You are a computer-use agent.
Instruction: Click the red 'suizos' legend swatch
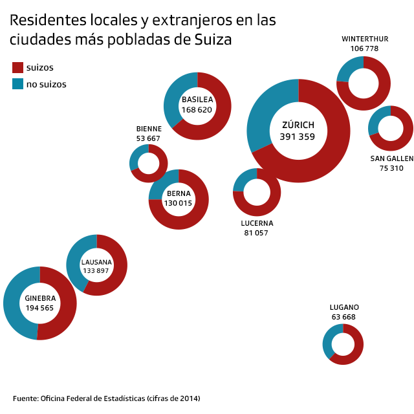coord(17,67)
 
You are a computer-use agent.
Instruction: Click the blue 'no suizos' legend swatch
coord(17,83)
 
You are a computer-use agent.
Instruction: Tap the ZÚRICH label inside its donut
coord(298,125)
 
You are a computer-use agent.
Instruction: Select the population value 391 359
coord(298,136)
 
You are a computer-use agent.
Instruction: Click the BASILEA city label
coord(197,100)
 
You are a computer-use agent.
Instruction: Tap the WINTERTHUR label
coord(365,39)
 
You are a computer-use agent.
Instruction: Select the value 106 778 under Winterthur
coord(365,49)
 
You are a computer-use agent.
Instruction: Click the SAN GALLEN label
coord(391,158)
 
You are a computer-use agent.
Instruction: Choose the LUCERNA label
coord(257,223)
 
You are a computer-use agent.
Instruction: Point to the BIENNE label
coord(149,129)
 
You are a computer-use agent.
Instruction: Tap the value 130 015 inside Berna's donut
coord(179,203)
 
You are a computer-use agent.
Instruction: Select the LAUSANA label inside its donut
coord(96,262)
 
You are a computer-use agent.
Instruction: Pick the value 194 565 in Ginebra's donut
coord(40,308)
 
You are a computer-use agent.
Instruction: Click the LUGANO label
coord(343,307)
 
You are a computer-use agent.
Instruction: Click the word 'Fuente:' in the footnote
coord(25,398)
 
